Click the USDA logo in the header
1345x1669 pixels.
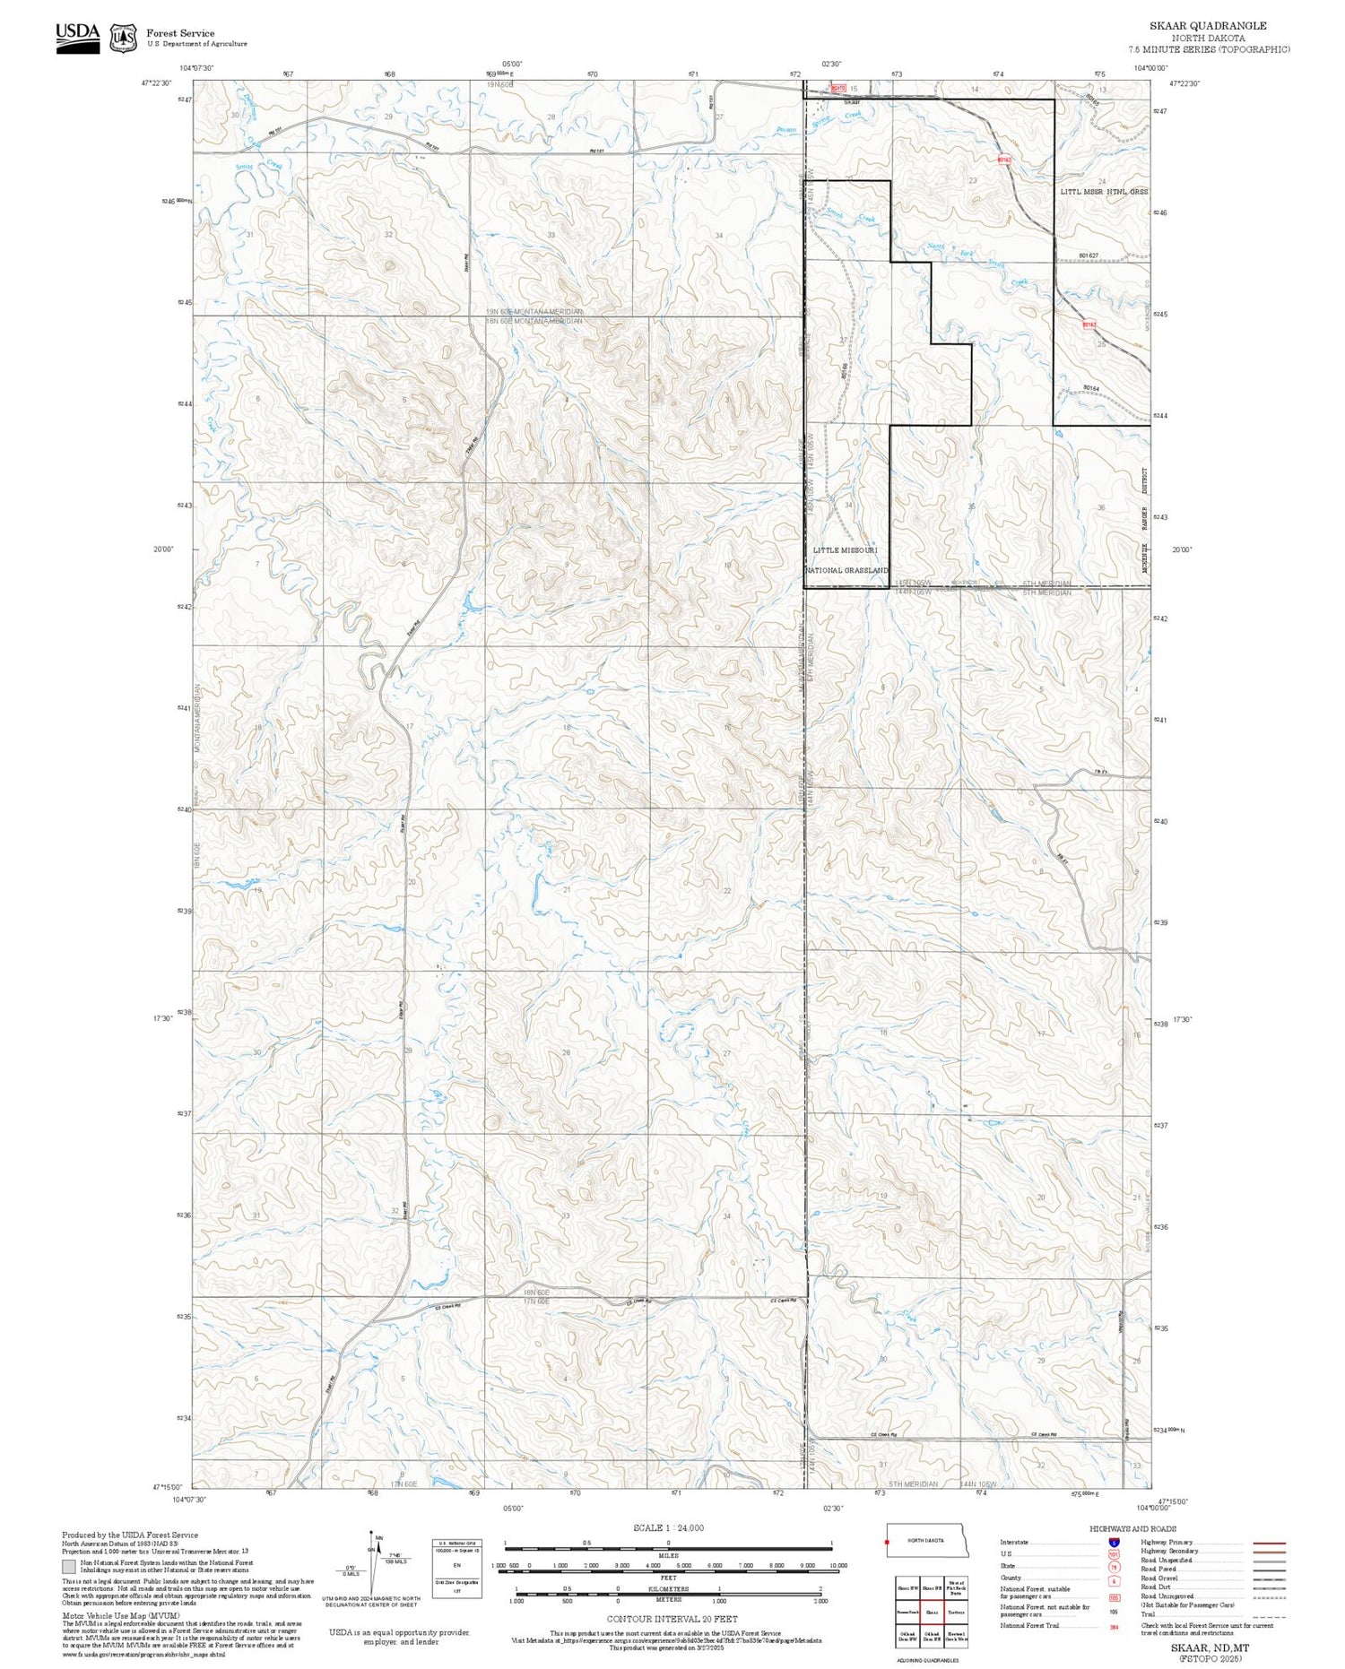pyautogui.click(x=77, y=37)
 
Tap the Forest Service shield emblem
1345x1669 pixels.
pyautogui.click(x=123, y=38)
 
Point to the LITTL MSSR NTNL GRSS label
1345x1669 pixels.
pyautogui.click(x=1103, y=192)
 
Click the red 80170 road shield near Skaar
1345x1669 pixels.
pyautogui.click(x=837, y=88)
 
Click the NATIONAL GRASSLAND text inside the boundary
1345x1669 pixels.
pyautogui.click(x=846, y=570)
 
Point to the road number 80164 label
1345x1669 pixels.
pyautogui.click(x=1090, y=388)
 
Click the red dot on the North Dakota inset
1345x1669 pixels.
pyautogui.click(x=888, y=1543)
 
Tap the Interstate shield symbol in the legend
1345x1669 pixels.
pyautogui.click(x=1114, y=1542)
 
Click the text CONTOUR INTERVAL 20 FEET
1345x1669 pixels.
pyautogui.click(x=672, y=1619)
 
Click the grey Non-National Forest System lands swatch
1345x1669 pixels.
pyautogui.click(x=69, y=1567)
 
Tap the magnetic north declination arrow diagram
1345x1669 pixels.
pyautogui.click(x=372, y=1557)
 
